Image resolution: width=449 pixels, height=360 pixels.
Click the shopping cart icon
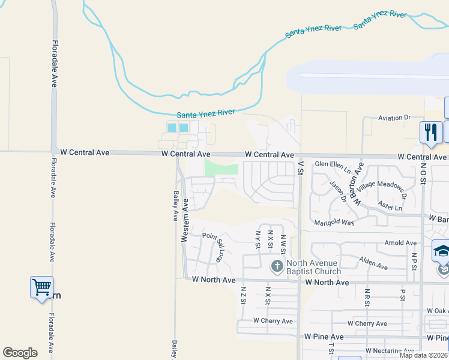[x=41, y=287]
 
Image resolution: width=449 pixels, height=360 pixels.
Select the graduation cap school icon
[x=442, y=251]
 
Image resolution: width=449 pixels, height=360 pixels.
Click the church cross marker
[x=277, y=266]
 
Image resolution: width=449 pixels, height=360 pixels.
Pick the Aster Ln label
[x=391, y=205]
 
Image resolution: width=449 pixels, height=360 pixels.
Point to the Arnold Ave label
[x=400, y=243]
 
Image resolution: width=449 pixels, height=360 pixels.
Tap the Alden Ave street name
[x=374, y=263]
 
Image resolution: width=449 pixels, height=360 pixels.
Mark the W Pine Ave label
[x=324, y=337]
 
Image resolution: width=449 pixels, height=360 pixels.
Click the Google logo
[x=20, y=353]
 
